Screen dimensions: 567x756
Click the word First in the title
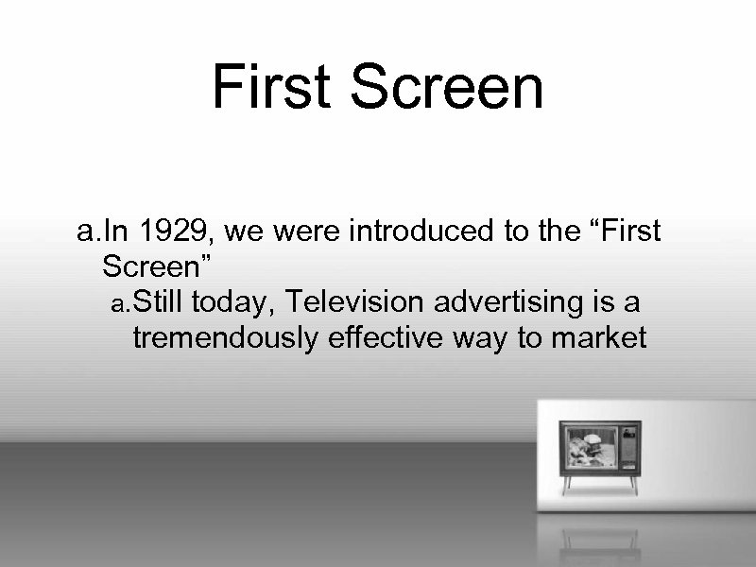point(272,87)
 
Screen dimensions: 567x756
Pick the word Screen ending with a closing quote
point(162,266)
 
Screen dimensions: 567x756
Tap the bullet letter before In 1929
point(87,232)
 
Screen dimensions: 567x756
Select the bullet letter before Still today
point(118,304)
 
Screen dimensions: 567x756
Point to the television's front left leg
point(567,484)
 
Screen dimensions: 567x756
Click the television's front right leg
point(633,484)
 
